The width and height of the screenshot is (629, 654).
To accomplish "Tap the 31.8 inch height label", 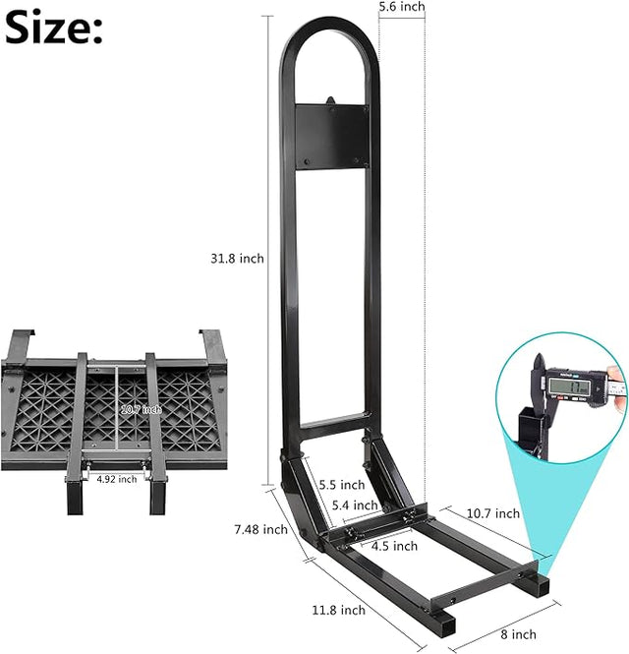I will coord(237,259).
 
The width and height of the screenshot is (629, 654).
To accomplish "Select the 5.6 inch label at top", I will coord(402,7).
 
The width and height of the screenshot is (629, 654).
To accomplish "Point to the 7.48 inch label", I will coord(261,529).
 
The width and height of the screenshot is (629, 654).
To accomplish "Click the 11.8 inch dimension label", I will coord(339,610).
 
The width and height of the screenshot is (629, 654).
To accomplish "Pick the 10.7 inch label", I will coord(493,513).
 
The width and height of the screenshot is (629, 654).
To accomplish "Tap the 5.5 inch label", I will coord(342,485).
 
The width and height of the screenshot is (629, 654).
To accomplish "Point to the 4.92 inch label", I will coord(117,479).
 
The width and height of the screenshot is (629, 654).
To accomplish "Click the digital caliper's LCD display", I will coord(573,386).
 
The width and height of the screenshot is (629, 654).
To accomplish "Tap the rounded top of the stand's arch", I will coord(328,30).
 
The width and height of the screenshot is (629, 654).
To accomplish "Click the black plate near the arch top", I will coord(330,134).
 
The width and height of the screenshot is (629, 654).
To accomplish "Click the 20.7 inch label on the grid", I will coord(142,408).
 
